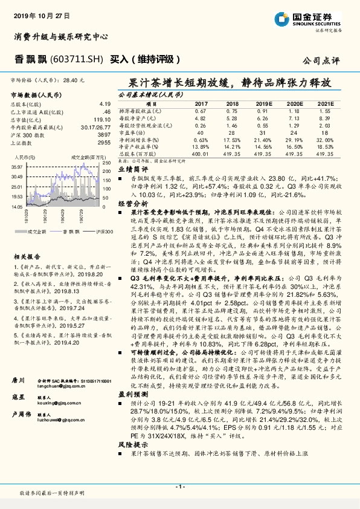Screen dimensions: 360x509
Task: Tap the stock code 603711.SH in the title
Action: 75,59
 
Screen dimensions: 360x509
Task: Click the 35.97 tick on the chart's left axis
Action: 16,166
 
